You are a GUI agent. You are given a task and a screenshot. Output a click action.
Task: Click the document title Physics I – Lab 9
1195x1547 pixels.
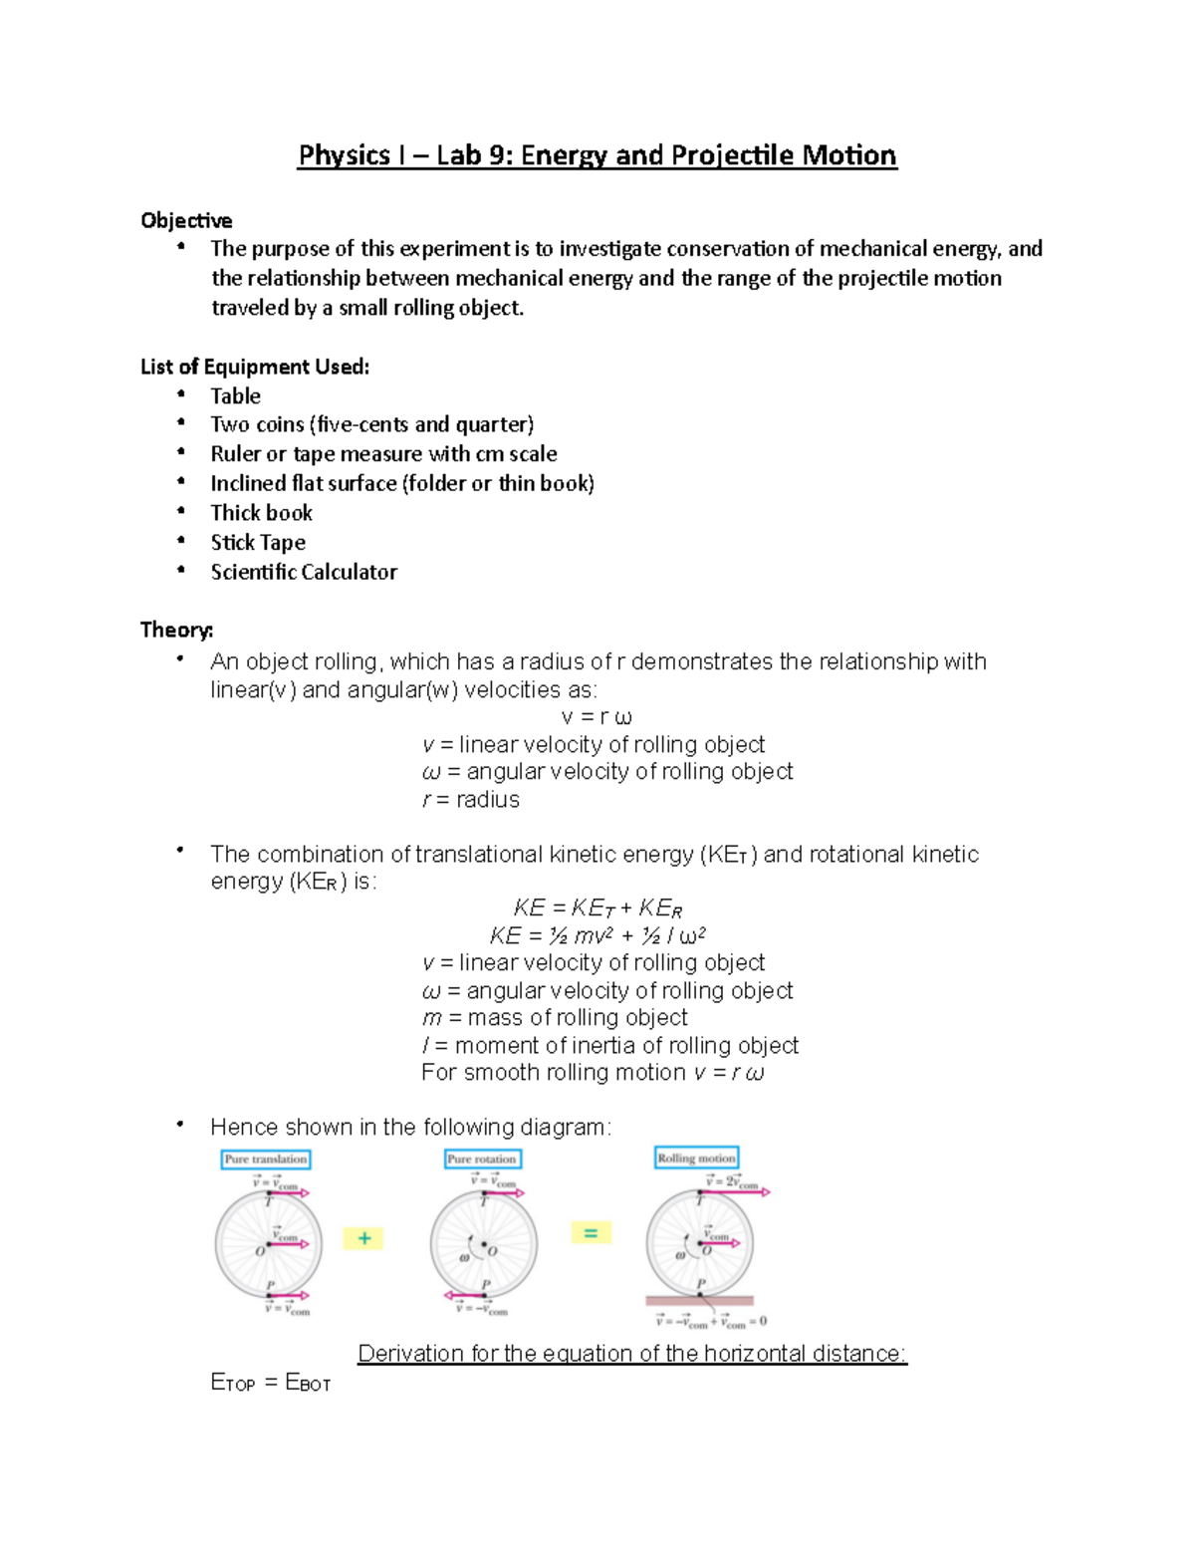pos(597,155)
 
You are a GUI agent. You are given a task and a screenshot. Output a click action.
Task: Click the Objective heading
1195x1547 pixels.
pos(186,220)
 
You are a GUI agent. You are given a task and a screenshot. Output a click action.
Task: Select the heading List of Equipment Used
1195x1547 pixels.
pos(255,367)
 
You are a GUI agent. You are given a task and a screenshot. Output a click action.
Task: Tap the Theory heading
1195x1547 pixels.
pos(176,630)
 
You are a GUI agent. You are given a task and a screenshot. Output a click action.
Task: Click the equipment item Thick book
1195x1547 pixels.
pos(261,513)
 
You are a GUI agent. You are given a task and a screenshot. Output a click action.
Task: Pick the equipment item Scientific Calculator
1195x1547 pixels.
pos(304,572)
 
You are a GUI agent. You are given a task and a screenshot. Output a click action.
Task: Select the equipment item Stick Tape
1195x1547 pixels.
pos(258,543)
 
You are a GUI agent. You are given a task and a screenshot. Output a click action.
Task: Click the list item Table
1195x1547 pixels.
pos(235,396)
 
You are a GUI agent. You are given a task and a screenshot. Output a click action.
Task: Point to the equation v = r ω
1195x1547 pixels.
pos(596,717)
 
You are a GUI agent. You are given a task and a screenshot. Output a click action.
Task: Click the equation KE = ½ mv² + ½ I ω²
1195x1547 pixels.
pos(597,935)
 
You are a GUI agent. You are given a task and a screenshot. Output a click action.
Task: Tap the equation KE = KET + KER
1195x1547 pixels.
pos(597,907)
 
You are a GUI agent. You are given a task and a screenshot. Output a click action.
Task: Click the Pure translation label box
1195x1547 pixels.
pos(265,1160)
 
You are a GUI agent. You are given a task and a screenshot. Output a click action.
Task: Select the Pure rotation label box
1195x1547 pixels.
pos(482,1160)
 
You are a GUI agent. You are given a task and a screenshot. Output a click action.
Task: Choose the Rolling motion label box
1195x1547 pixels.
pos(696,1159)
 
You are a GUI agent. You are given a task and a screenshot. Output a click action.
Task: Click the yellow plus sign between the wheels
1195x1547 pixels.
pos(363,1238)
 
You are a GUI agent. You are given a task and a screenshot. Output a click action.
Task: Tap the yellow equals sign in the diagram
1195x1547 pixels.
pos(591,1233)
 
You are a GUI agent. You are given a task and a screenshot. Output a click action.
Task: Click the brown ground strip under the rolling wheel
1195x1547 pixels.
pos(699,1301)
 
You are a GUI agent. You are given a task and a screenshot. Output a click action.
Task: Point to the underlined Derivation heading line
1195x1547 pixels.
pos(632,1354)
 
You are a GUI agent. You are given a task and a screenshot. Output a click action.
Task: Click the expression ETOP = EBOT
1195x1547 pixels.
pos(270,1383)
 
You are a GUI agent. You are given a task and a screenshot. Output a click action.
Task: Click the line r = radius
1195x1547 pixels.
pos(470,800)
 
